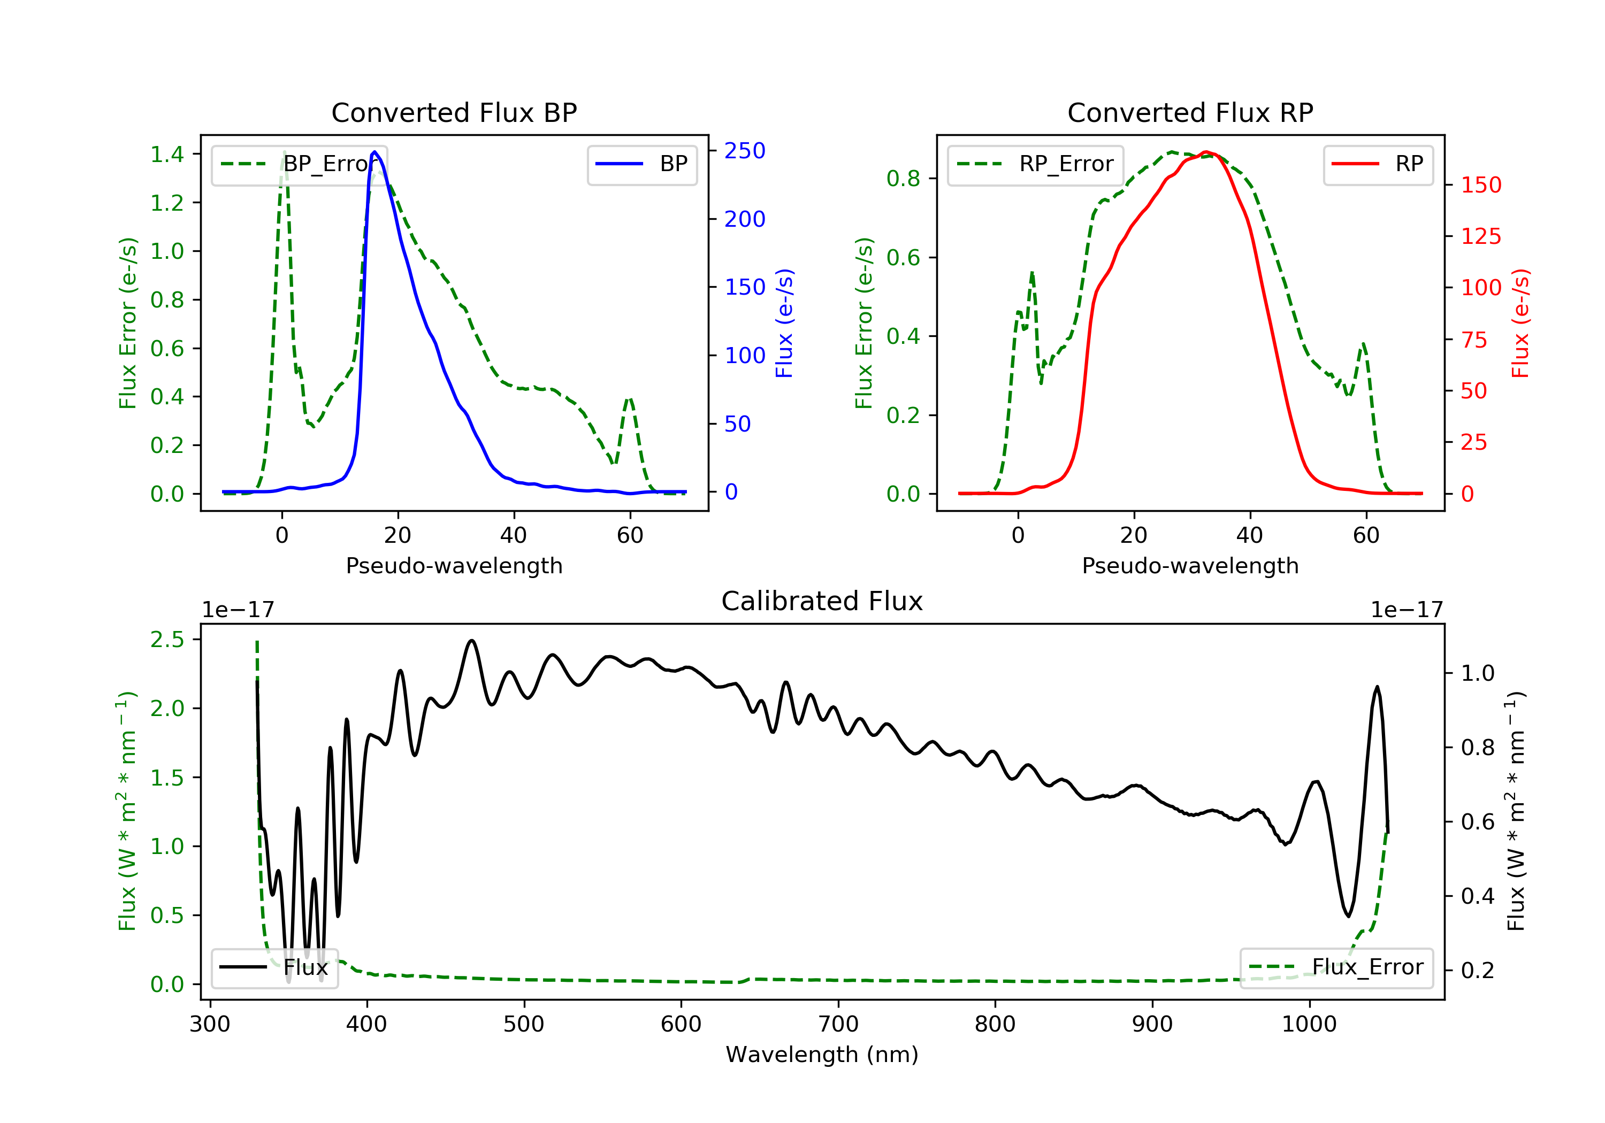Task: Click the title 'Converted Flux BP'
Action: (454, 112)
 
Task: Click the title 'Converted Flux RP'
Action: (1190, 112)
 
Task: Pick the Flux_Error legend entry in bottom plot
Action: (1336, 967)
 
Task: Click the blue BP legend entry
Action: (641, 164)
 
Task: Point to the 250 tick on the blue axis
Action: (745, 151)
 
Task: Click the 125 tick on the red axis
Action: (1480, 236)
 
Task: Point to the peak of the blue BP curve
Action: (374, 152)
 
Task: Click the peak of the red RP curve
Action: (1206, 152)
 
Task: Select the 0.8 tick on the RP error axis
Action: (903, 179)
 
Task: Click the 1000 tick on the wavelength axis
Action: (1309, 1025)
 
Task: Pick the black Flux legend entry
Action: (274, 968)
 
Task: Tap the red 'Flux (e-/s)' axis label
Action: (1520, 323)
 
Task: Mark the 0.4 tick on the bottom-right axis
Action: (1477, 896)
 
